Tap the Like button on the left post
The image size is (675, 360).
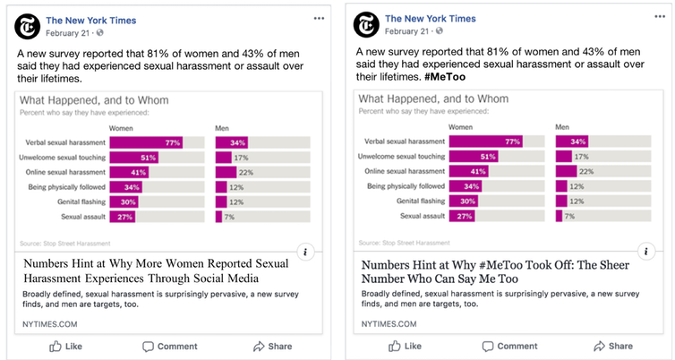pos(66,346)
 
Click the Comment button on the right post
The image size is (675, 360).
pos(508,346)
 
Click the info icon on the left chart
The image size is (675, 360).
pos(306,252)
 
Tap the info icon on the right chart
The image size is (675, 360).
pos(645,252)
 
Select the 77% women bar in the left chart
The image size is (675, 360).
pos(147,141)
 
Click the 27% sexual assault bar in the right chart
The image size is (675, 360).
pos(462,217)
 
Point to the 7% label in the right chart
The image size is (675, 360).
pos(569,217)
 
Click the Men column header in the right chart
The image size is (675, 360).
pos(561,128)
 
